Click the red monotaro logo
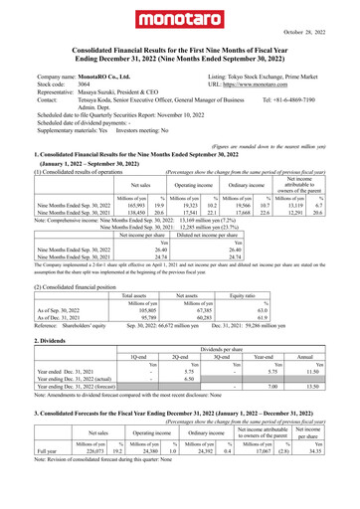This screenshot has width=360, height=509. (180, 19)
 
